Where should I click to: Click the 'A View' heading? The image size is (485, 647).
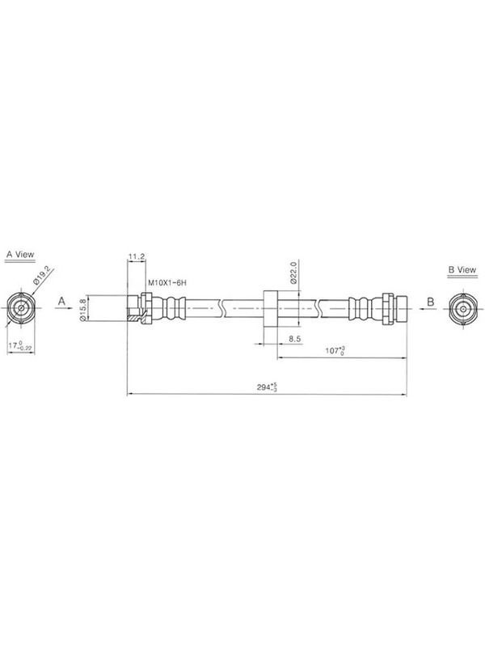click(x=20, y=255)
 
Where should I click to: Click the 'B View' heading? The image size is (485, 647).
click(x=462, y=270)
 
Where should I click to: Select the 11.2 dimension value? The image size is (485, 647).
click(x=136, y=256)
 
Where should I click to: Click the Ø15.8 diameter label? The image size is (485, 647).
click(x=82, y=308)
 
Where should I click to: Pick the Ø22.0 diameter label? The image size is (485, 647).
click(x=293, y=273)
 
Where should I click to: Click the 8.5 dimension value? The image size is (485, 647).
click(x=294, y=339)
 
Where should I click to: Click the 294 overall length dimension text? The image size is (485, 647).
click(x=267, y=387)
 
